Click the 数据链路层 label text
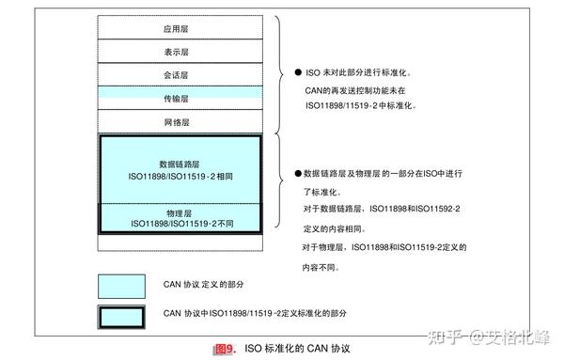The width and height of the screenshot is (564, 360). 180,164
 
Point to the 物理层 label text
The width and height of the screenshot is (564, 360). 180,212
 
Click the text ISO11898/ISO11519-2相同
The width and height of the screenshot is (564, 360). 180,176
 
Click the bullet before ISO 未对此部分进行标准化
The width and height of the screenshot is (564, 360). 297,72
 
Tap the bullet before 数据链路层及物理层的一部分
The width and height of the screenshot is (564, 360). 297,175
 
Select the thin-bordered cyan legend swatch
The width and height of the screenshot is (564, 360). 122,284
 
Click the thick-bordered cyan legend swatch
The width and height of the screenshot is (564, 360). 122,314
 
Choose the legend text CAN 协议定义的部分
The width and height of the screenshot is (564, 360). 216,284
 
